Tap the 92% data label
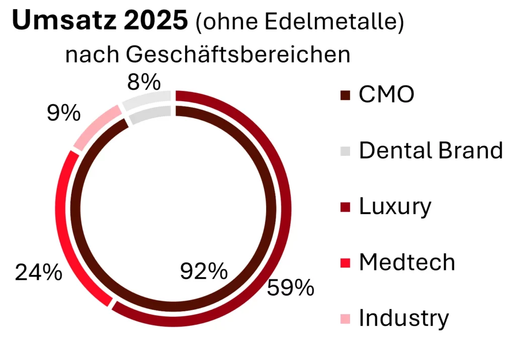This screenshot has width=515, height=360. coord(204,272)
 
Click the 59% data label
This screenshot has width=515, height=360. coord(291,288)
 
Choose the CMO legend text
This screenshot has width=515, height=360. coord(386,95)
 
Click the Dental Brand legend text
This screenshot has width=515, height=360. coord(431,150)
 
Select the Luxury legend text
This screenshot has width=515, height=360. coord(395,206)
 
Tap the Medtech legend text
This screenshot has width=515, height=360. coord(407,262)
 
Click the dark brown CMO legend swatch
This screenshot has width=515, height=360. coord(346,95)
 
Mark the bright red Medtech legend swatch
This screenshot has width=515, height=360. coord(346,262)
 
